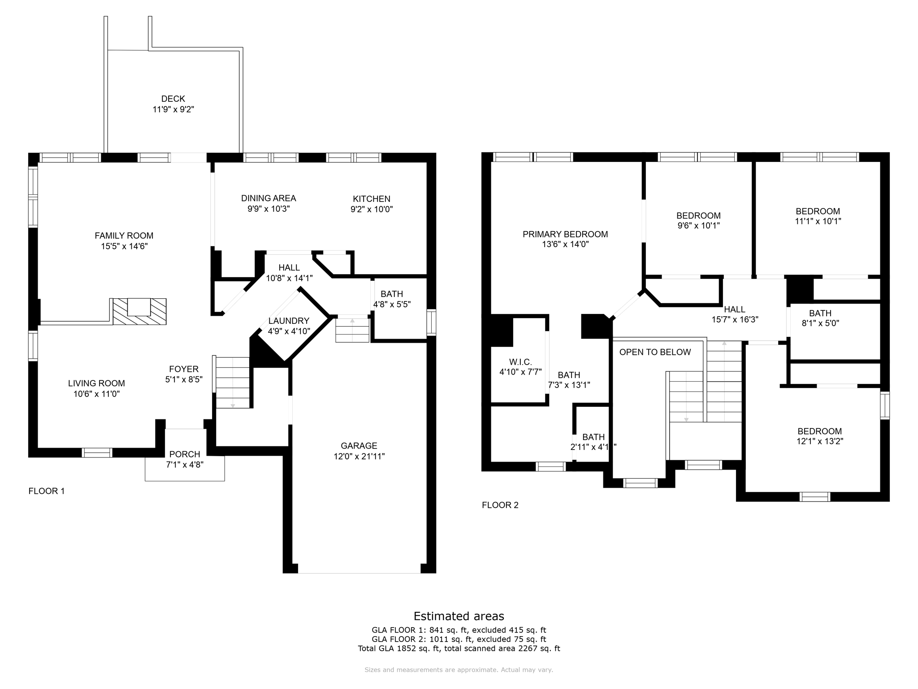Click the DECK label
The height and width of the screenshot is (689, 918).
[173, 99]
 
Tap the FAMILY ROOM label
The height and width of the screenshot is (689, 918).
[124, 235]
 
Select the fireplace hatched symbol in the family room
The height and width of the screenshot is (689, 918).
[139, 311]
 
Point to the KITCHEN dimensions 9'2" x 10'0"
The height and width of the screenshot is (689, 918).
[372, 209]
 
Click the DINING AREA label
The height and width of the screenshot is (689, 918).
[268, 198]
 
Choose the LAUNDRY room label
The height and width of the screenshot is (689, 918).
[289, 321]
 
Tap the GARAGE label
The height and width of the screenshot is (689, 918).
[359, 446]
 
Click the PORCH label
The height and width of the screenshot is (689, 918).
[185, 454]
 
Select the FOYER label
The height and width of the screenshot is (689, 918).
[184, 369]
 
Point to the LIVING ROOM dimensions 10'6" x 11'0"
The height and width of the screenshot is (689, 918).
[97, 394]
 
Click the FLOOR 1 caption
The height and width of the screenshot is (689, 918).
[47, 491]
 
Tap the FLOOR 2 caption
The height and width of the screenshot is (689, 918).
[500, 505]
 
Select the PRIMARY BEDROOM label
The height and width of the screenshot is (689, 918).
[565, 234]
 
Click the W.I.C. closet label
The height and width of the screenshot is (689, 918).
[520, 362]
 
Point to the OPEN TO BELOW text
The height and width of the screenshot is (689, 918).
[655, 352]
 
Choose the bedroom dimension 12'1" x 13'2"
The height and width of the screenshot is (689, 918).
[820, 441]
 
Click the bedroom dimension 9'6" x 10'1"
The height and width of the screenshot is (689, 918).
[699, 226]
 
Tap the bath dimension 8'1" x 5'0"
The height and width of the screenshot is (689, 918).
[820, 323]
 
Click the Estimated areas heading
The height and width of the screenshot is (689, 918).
[459, 616]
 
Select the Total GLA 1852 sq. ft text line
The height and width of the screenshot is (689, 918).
[459, 649]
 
